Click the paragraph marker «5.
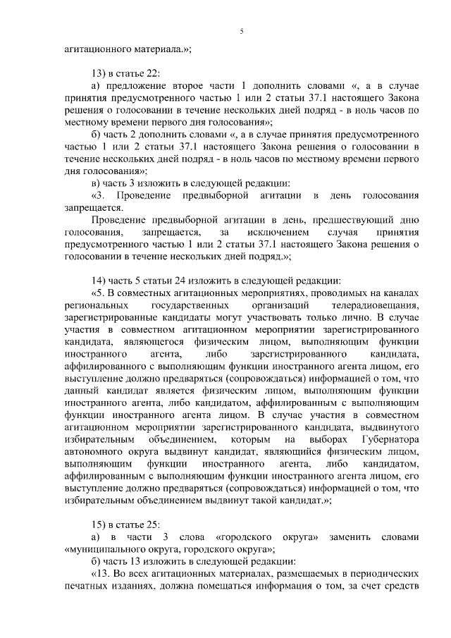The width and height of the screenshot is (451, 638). [x=99, y=293]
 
